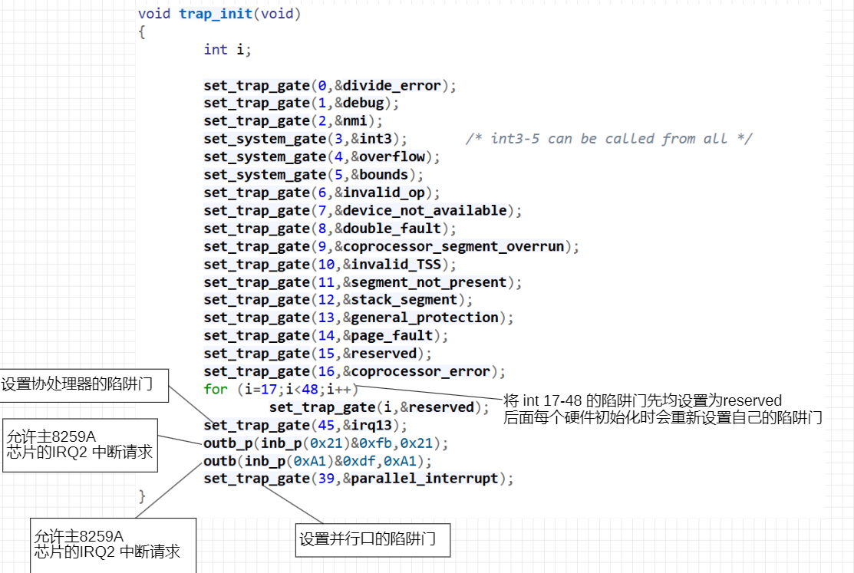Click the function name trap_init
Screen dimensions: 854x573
pyautogui.click(x=216, y=14)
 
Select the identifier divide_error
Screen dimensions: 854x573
pyautogui.click(x=391, y=85)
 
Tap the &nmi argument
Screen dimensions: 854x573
pyautogui.click(x=351, y=121)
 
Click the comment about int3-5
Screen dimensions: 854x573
pyautogui.click(x=609, y=139)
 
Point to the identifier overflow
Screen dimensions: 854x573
pyautogui.click(x=391, y=157)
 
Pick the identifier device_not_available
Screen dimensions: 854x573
pyautogui.click(x=425, y=211)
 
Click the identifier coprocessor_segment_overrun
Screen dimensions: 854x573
pyautogui.click(x=453, y=247)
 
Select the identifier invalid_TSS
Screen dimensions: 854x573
pyautogui.click(x=396, y=265)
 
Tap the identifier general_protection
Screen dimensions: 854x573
pyautogui.click(x=425, y=318)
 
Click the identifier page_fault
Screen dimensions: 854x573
pyautogui.click(x=391, y=335)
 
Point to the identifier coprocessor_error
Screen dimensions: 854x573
pyautogui.click(x=420, y=371)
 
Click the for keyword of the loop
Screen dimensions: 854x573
pyautogui.click(x=216, y=390)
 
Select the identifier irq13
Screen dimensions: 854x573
pyautogui.click(x=371, y=426)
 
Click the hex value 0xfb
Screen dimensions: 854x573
pyautogui.click(x=375, y=443)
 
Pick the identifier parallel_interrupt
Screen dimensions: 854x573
pyautogui.click(x=425, y=479)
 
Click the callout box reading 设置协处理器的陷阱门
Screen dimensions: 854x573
pyautogui.click(x=84, y=386)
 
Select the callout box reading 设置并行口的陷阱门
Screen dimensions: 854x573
pyautogui.click(x=373, y=540)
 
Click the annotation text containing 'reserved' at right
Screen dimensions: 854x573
pyautogui.click(x=662, y=409)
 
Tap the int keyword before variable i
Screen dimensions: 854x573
pyautogui.click(x=216, y=50)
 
